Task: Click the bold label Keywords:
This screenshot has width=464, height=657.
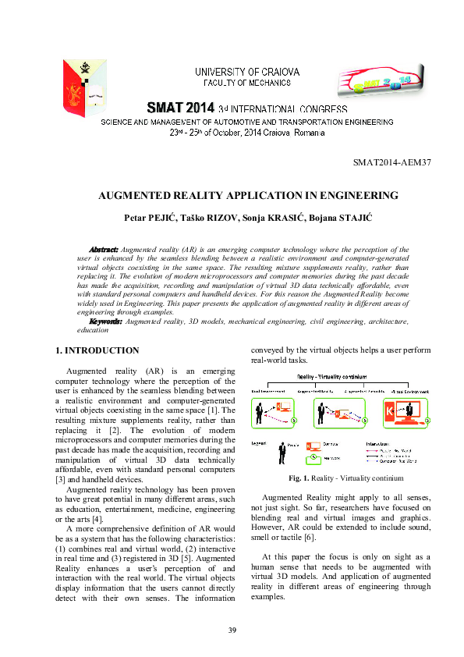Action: [105, 321]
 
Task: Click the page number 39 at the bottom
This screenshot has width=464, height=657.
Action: [232, 630]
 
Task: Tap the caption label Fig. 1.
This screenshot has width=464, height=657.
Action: [299, 478]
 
